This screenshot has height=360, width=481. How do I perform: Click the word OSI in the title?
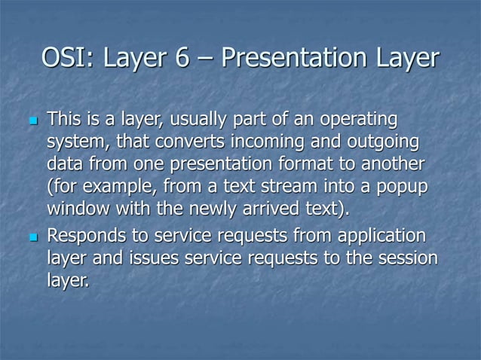tap(64, 58)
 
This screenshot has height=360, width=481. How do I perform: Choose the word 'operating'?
tap(361, 120)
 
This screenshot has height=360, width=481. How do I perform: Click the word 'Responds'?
tap(86, 239)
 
